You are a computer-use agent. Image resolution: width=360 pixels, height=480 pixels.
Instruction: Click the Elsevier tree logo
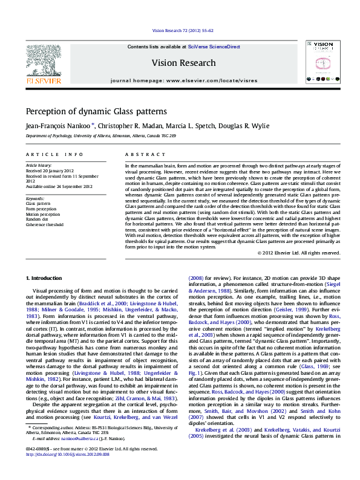(x=43, y=60)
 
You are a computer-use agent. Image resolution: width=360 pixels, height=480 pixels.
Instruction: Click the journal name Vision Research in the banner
(x=183, y=63)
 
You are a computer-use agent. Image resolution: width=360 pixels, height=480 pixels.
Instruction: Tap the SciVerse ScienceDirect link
(x=214, y=47)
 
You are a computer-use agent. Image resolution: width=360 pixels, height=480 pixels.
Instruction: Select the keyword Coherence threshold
(x=45, y=224)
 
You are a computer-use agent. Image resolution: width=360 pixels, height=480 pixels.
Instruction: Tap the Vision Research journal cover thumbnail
(x=318, y=62)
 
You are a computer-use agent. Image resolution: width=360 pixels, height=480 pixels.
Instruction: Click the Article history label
(x=39, y=165)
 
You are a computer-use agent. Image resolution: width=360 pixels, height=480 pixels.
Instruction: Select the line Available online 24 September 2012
(x=59, y=186)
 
